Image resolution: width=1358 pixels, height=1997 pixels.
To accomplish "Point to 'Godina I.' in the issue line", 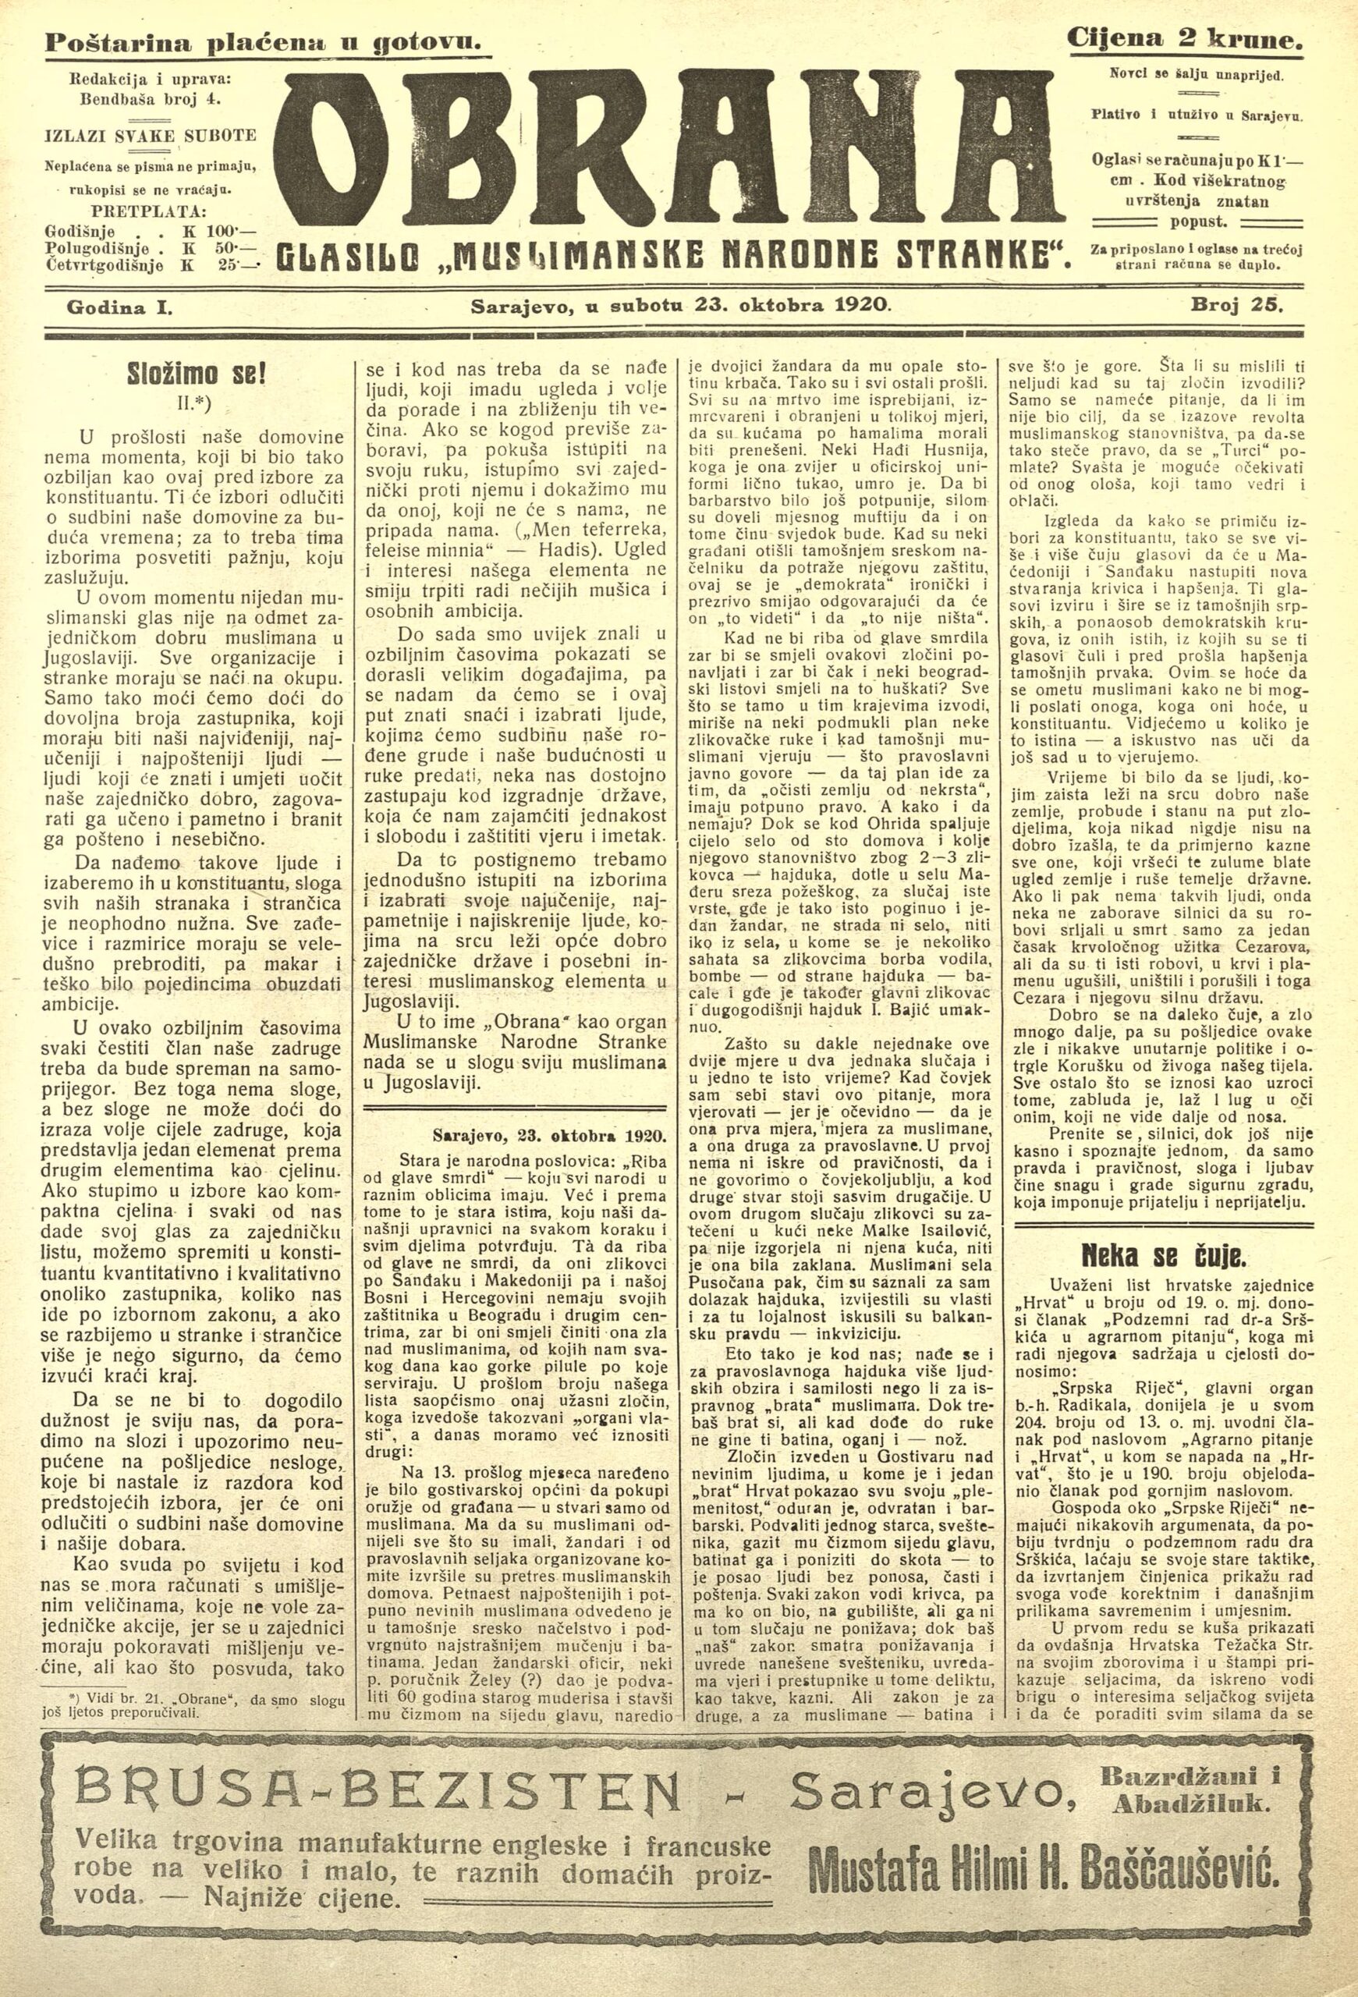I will (x=119, y=305).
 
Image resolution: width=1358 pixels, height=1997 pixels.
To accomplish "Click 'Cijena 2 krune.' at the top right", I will (x=1185, y=39).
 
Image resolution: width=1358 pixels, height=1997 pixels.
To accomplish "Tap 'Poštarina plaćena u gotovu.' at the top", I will (x=262, y=41).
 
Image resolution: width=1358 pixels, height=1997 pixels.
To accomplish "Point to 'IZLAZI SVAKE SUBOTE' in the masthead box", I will (x=151, y=135).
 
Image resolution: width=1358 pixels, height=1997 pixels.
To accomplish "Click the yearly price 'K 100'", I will (x=207, y=231).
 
